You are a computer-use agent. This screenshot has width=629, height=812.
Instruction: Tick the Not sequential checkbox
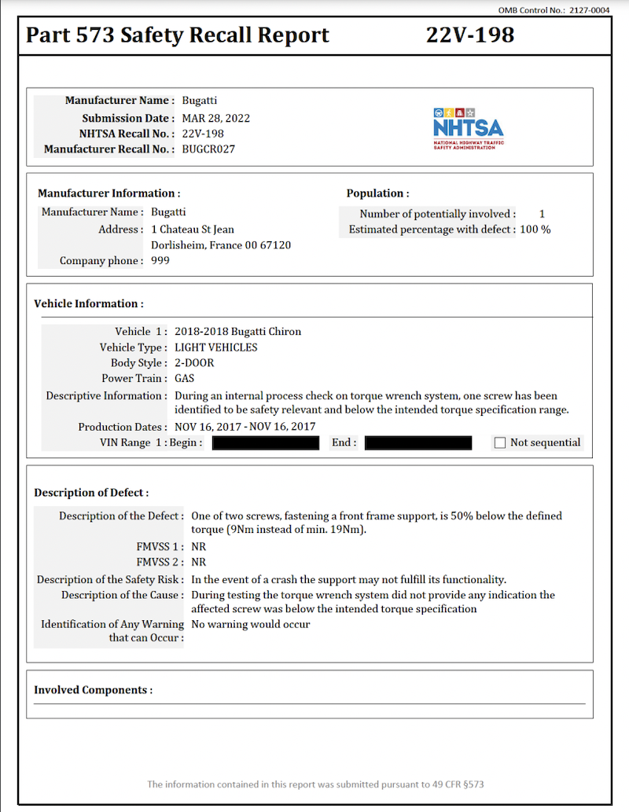(500, 443)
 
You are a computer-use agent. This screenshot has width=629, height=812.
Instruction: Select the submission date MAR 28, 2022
(216, 118)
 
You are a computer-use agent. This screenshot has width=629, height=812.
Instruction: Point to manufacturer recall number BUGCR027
(208, 149)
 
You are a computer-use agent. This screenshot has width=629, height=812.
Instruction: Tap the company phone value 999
(160, 260)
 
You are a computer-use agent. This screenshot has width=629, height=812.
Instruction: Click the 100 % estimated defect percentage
(535, 230)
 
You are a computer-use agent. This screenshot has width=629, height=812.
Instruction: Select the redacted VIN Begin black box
(266, 443)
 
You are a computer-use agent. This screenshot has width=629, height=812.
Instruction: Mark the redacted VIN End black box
(418, 443)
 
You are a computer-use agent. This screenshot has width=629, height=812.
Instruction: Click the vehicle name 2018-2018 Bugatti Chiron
(237, 331)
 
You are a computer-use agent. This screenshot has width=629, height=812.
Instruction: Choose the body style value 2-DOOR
(194, 363)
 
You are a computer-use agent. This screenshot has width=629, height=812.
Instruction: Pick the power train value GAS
(184, 379)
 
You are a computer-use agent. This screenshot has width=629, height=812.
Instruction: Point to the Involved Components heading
(93, 689)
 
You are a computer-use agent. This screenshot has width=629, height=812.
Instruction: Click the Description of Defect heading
(91, 493)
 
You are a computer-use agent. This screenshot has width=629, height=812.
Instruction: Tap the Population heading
(377, 193)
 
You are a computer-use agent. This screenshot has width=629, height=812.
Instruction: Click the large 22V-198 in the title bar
(470, 35)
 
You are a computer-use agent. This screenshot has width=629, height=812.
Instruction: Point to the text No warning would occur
(251, 624)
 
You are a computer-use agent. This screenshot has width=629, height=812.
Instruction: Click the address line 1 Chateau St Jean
(193, 230)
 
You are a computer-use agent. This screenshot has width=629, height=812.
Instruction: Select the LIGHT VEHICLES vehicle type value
(216, 347)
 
